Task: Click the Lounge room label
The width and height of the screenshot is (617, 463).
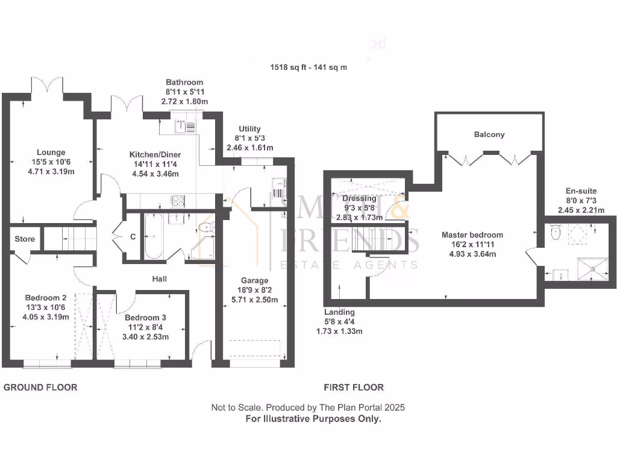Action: click(x=50, y=153)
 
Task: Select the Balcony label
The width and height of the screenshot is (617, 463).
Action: click(x=489, y=134)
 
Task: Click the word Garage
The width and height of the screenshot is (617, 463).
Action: click(x=254, y=280)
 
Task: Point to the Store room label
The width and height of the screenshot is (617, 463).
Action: click(x=25, y=239)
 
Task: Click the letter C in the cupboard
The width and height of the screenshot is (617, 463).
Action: click(x=133, y=237)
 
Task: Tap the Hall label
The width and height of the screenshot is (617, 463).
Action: click(x=159, y=279)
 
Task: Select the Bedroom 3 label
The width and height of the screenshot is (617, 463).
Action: click(x=145, y=317)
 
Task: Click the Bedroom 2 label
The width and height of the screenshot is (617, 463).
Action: click(x=45, y=297)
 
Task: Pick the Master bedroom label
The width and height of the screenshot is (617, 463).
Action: click(x=472, y=235)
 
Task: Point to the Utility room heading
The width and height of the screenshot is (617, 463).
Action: click(x=249, y=128)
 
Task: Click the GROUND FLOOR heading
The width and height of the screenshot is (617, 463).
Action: click(x=40, y=387)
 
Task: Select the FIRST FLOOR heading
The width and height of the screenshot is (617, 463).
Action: click(x=353, y=387)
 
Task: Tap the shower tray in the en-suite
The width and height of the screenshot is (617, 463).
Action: click(x=588, y=267)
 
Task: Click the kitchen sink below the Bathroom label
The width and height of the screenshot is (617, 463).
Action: click(x=180, y=127)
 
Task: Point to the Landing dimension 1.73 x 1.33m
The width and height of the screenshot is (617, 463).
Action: click(x=339, y=331)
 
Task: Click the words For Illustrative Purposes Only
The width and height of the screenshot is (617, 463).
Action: click(x=313, y=418)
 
